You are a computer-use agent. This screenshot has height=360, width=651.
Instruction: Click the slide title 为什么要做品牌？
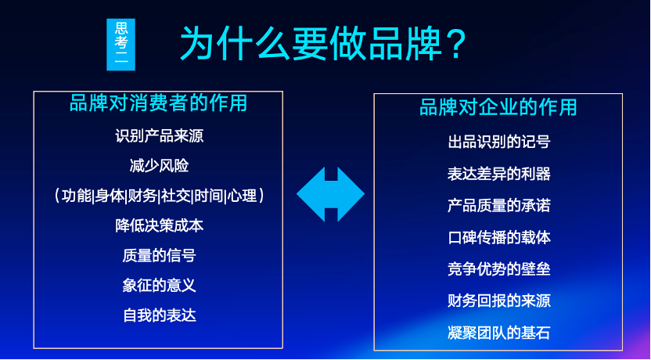click(323, 43)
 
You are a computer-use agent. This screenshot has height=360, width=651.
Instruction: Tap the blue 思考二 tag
click(120, 45)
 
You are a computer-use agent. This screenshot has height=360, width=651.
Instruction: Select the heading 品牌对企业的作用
click(498, 106)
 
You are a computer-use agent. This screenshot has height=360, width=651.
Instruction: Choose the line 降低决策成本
click(159, 225)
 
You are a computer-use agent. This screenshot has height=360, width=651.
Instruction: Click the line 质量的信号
click(159, 255)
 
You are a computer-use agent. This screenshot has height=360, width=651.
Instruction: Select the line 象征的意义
click(159, 285)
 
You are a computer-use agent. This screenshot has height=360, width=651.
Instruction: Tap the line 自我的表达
click(159, 315)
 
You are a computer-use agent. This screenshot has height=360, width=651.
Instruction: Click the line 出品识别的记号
click(498, 142)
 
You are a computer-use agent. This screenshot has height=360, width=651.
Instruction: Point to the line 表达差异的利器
click(498, 174)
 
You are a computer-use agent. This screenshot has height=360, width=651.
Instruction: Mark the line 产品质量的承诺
click(498, 206)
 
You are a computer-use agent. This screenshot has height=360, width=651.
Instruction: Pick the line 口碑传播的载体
click(498, 237)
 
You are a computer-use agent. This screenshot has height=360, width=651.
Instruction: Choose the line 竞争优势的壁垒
click(498, 269)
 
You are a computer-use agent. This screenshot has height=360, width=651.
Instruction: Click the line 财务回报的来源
click(498, 301)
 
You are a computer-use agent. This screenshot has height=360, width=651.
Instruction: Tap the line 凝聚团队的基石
click(498, 333)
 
